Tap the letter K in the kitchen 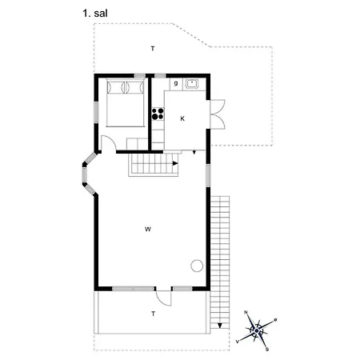(x=182, y=118)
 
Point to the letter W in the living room (x=148, y=230)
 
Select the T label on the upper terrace (x=152, y=50)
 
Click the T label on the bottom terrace (x=152, y=314)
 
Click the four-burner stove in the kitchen (x=157, y=114)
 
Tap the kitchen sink (x=192, y=82)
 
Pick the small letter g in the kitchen (x=175, y=82)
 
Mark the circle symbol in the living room (x=196, y=267)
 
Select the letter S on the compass (x=267, y=349)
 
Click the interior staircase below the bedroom (x=153, y=166)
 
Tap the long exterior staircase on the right (x=220, y=256)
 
